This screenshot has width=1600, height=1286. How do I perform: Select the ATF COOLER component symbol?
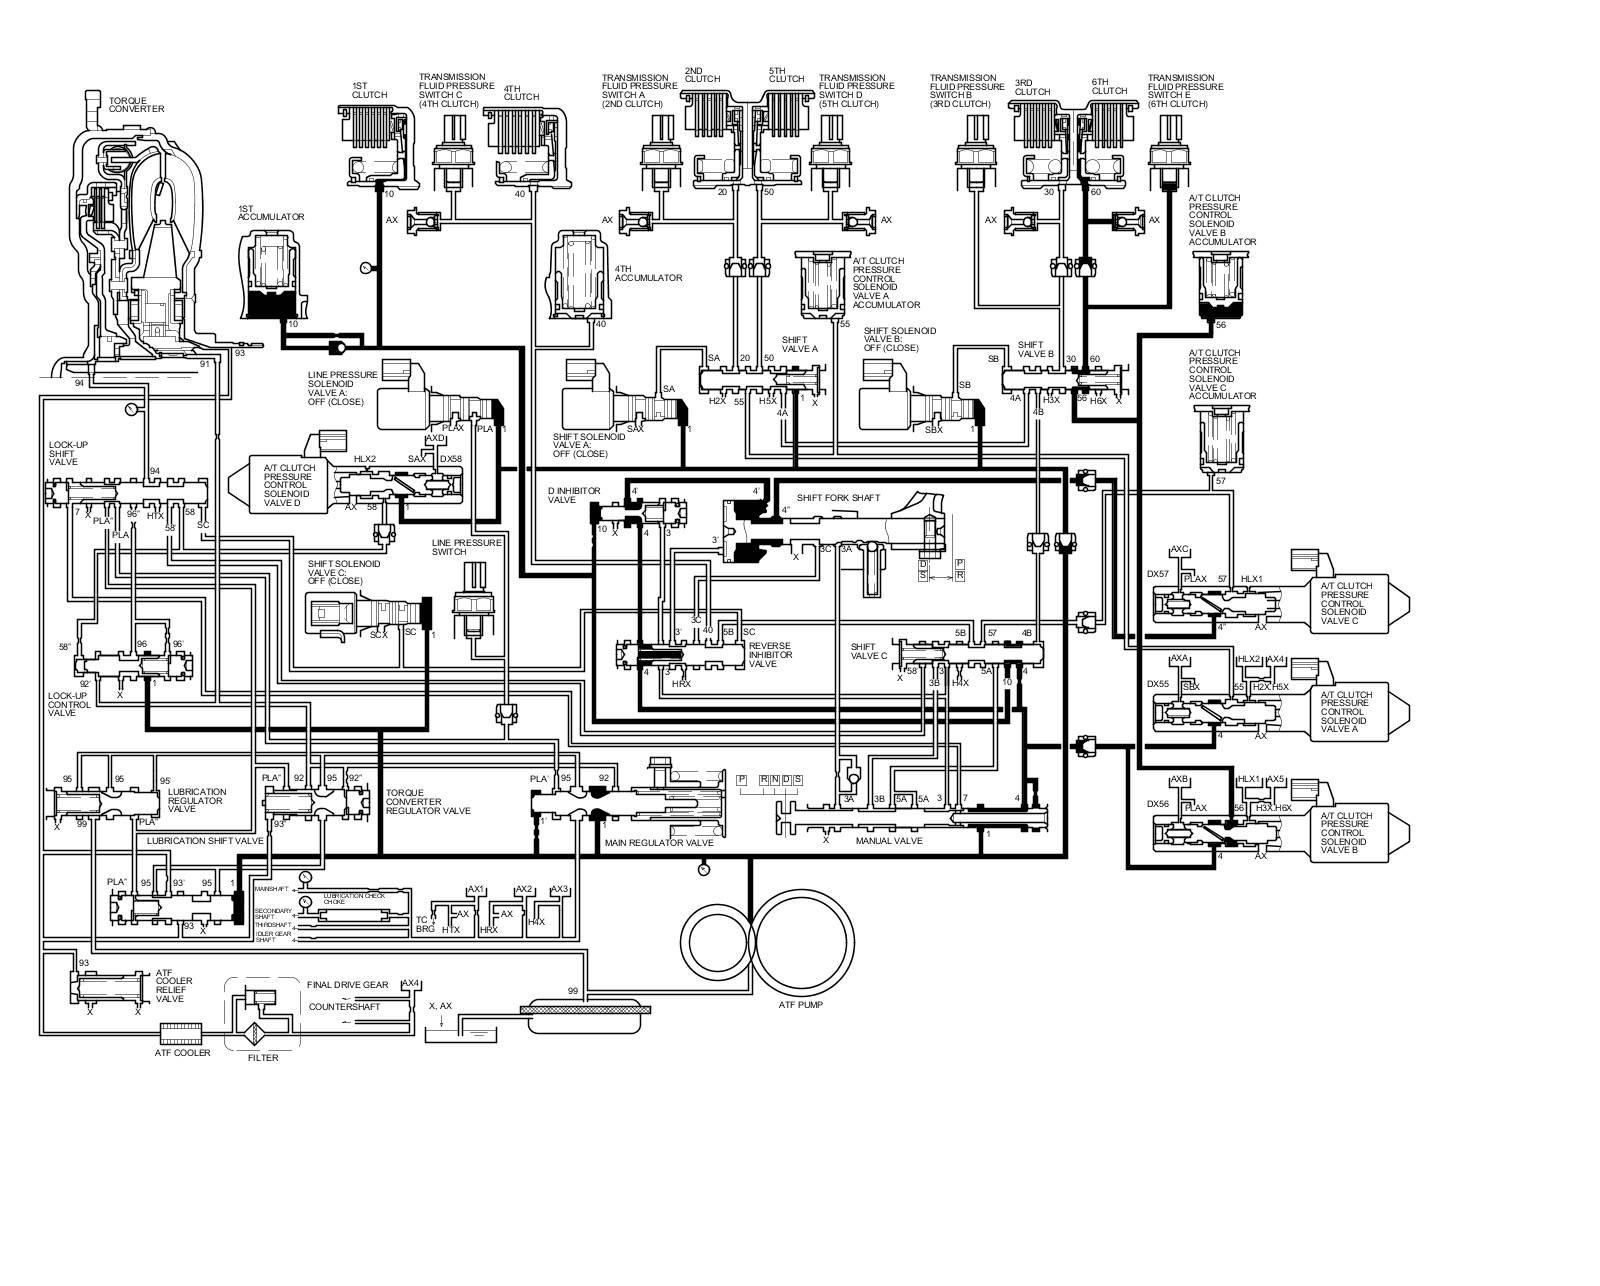click(x=181, y=1030)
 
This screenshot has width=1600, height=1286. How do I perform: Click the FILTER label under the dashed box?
click(x=263, y=1058)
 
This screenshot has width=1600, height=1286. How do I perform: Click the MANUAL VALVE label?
click(x=889, y=841)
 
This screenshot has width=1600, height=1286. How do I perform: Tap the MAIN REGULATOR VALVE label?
click(x=659, y=843)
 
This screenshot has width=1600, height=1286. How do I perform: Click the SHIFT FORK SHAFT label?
click(x=838, y=497)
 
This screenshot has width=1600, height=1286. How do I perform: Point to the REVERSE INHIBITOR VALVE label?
click(x=770, y=655)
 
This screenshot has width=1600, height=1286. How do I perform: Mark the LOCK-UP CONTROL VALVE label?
click(x=69, y=704)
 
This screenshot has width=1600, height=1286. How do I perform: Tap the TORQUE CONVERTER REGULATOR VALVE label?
click(x=428, y=801)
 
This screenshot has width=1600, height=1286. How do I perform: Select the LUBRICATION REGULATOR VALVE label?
click(x=197, y=800)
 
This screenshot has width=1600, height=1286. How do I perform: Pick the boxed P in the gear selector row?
click(x=742, y=779)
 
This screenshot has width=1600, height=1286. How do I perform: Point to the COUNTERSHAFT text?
click(x=345, y=1006)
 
